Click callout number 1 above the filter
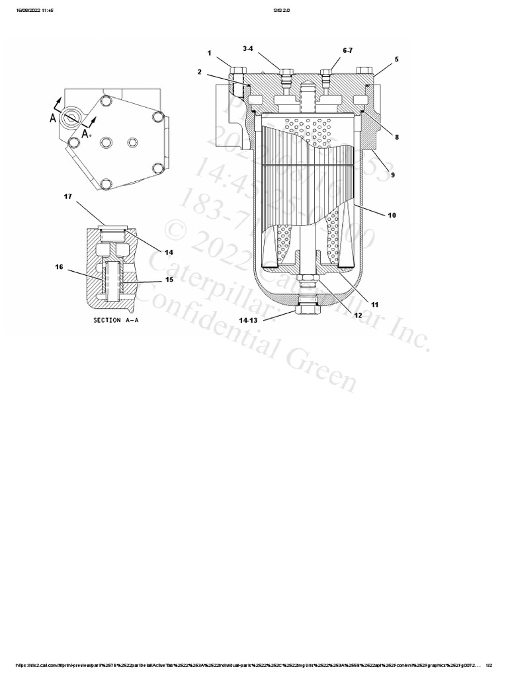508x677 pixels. click(209, 52)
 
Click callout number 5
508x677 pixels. click(396, 59)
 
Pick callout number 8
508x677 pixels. click(396, 137)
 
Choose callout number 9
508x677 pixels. click(392, 175)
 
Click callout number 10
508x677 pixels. click(392, 215)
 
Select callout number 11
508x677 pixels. click(374, 305)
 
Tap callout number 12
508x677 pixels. click(358, 315)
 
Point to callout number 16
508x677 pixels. click(59, 267)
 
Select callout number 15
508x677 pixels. click(169, 280)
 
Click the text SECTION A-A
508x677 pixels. click(116, 320)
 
